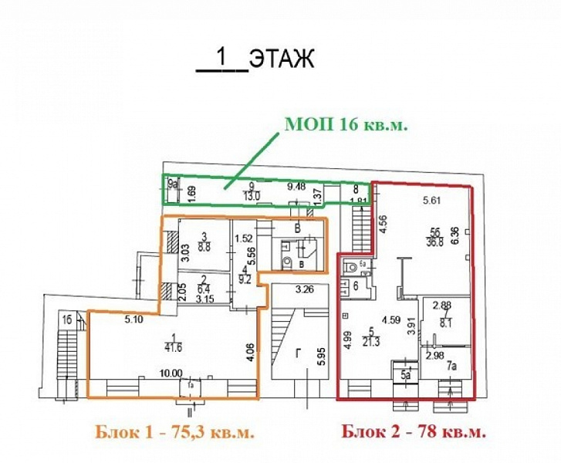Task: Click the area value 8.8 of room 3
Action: coord(205,248)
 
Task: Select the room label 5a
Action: coord(405,376)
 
